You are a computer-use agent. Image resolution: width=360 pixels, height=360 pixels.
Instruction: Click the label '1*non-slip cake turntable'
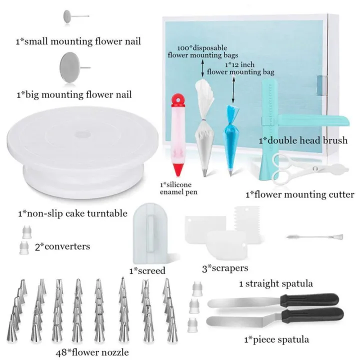coord(71,213)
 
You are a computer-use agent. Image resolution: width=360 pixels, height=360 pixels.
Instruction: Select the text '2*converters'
coord(61,246)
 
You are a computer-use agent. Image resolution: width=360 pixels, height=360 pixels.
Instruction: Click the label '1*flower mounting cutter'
coord(299,194)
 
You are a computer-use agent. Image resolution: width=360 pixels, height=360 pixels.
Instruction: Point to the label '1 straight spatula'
coord(275,283)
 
